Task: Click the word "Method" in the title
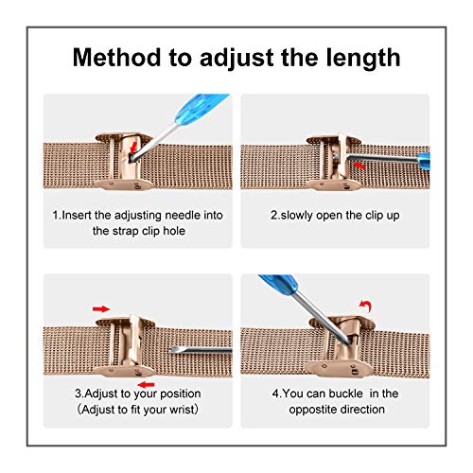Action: click(x=116, y=58)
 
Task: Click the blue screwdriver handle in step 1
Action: click(x=201, y=106)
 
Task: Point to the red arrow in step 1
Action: click(x=133, y=147)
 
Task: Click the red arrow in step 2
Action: click(x=359, y=166)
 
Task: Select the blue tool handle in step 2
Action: click(x=424, y=161)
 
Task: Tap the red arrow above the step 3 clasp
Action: click(x=101, y=309)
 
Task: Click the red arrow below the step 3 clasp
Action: click(x=146, y=385)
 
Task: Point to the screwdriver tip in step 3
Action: click(x=170, y=350)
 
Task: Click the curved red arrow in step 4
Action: click(x=366, y=306)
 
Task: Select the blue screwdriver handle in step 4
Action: click(x=278, y=284)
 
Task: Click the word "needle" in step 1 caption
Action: click(x=183, y=216)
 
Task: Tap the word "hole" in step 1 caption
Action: click(x=174, y=231)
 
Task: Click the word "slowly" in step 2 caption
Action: click(x=296, y=216)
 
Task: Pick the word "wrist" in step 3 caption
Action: click(x=182, y=410)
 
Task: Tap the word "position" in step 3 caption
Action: click(x=181, y=394)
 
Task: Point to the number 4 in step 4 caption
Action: click(x=275, y=394)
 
